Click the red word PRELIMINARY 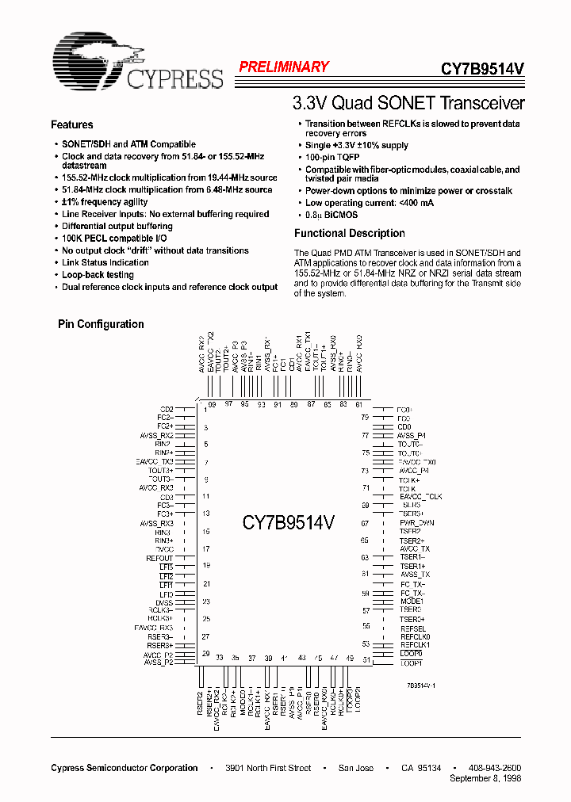pyautogui.click(x=284, y=67)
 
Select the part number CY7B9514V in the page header pyautogui.click(x=482, y=69)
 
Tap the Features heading pyautogui.click(x=71, y=125)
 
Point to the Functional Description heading pyautogui.click(x=349, y=234)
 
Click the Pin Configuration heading pyautogui.click(x=101, y=324)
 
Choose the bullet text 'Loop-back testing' pyautogui.click(x=98, y=275)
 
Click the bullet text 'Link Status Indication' pyautogui.click(x=105, y=263)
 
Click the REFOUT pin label pyautogui.click(x=159, y=558)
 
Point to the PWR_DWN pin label pyautogui.click(x=416, y=523)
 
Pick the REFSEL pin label pyautogui.click(x=412, y=628)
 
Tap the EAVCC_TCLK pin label pyautogui.click(x=420, y=496)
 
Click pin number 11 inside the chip pyautogui.click(x=206, y=497)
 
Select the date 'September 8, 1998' pyautogui.click(x=485, y=779)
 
